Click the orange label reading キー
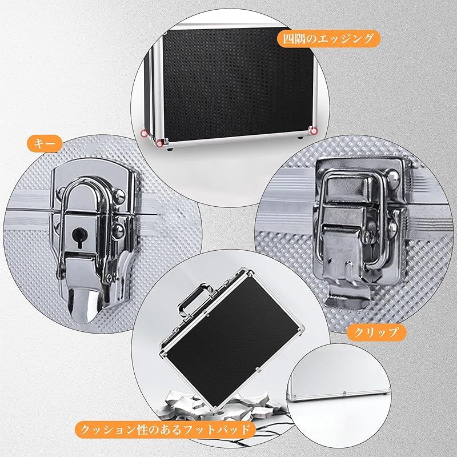pos(45,143)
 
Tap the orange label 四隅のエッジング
pos(328,39)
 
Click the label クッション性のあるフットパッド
pos(165,430)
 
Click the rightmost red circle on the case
pos(314,131)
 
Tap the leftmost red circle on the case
pos(145,133)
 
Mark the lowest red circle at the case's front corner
pos(159,143)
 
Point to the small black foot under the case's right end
pos(301,138)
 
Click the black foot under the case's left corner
pos(169,150)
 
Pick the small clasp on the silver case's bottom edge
pos(344,393)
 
